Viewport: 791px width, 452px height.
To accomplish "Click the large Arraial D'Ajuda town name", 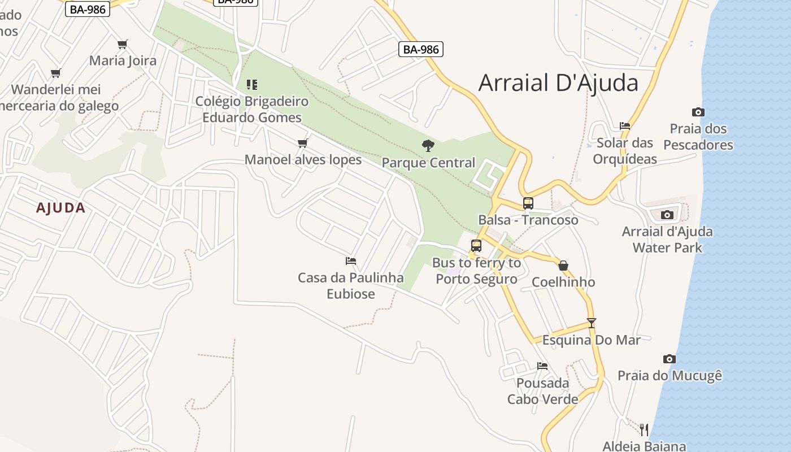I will pyautogui.click(x=558, y=82).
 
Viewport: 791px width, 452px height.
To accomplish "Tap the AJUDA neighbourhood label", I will pyautogui.click(x=61, y=208).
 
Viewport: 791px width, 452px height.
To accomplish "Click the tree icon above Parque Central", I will pyautogui.click(x=428, y=146).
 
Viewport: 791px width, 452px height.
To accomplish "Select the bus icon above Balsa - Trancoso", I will pyautogui.click(x=528, y=203).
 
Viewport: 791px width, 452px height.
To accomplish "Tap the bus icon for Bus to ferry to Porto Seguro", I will pyautogui.click(x=476, y=246).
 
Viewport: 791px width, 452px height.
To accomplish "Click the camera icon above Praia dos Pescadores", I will pyautogui.click(x=698, y=112).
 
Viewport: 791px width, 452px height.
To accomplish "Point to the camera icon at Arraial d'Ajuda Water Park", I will pyautogui.click(x=667, y=215).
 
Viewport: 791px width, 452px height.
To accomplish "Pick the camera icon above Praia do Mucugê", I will pyautogui.click(x=670, y=359).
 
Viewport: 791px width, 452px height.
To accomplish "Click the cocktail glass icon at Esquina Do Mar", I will pyautogui.click(x=592, y=323).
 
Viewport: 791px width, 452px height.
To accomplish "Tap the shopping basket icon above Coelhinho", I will pyautogui.click(x=563, y=266).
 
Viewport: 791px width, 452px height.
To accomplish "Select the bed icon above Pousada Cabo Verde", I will pyautogui.click(x=542, y=366).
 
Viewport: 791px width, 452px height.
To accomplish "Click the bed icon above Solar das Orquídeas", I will pyautogui.click(x=625, y=126).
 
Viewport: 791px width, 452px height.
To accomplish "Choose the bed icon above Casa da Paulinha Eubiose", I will pyautogui.click(x=351, y=261).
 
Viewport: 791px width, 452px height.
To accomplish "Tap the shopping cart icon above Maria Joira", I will pyautogui.click(x=123, y=44).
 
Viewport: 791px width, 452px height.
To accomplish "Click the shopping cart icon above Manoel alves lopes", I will pyautogui.click(x=303, y=143).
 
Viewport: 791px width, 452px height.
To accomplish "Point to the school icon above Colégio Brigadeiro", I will pyautogui.click(x=252, y=85).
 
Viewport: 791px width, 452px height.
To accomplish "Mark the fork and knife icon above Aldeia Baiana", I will pyautogui.click(x=644, y=429).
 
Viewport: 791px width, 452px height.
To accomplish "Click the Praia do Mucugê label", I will pyautogui.click(x=670, y=376).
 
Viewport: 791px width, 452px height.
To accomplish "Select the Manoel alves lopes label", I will pyautogui.click(x=303, y=160).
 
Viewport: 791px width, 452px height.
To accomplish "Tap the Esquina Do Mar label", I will pyautogui.click(x=592, y=340).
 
